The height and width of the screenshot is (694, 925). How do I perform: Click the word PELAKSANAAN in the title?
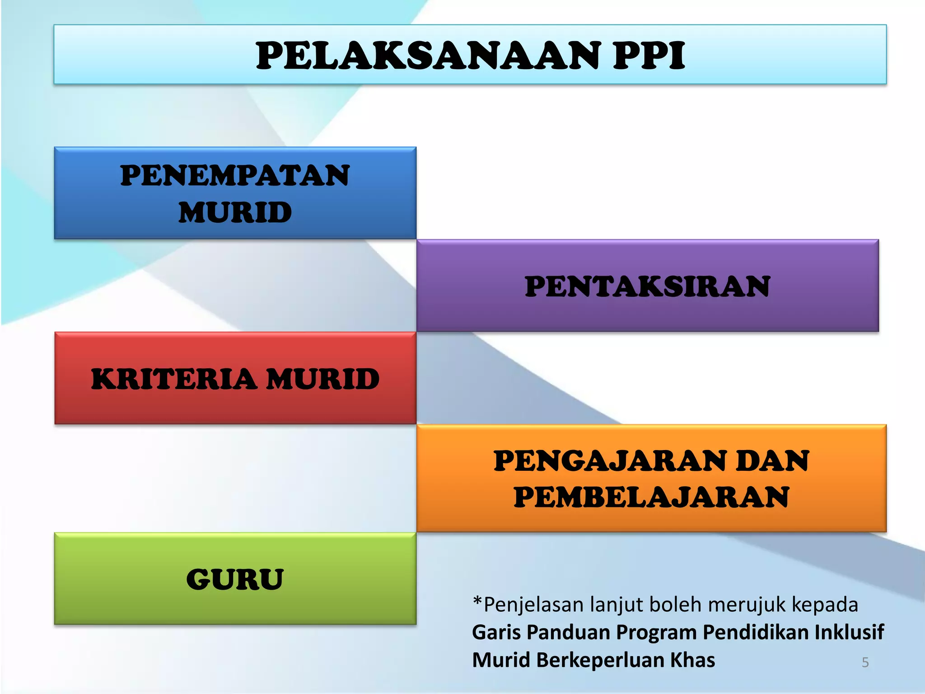pyautogui.click(x=428, y=56)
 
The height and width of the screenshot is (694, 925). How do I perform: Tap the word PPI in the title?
pyautogui.click(x=649, y=56)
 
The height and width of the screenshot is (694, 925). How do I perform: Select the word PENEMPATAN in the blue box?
pyautogui.click(x=235, y=175)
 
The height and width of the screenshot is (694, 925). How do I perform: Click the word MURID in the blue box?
pyautogui.click(x=235, y=212)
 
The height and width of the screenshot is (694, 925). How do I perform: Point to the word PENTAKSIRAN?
pyautogui.click(x=647, y=286)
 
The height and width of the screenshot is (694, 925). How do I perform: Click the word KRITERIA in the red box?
pyautogui.click(x=174, y=379)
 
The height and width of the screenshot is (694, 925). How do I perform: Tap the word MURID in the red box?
pyautogui.click(x=323, y=379)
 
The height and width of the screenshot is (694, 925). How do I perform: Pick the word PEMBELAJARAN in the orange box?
pyautogui.click(x=651, y=497)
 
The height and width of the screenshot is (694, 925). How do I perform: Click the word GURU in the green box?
pyautogui.click(x=235, y=579)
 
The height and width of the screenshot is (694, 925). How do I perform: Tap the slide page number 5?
pyautogui.click(x=865, y=662)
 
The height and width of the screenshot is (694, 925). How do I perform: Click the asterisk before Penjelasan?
pyautogui.click(x=477, y=602)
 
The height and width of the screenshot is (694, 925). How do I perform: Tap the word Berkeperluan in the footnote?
pyautogui.click(x=600, y=661)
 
